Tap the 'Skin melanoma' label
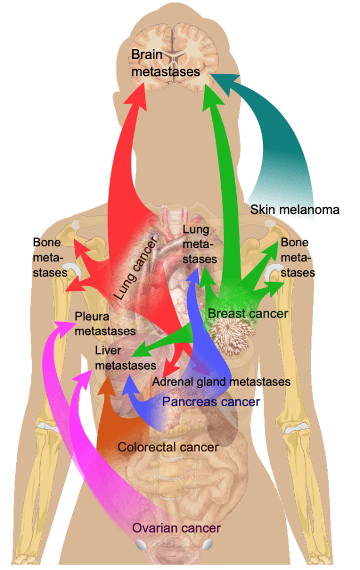click(x=295, y=210)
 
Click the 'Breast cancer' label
click(x=247, y=314)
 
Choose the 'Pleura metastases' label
click(x=105, y=324)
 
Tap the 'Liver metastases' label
click(x=125, y=358)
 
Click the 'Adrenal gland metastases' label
click(x=221, y=382)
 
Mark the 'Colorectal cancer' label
click(x=168, y=446)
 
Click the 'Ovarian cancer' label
click(x=176, y=528)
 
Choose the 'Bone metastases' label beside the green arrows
click(x=298, y=258)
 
